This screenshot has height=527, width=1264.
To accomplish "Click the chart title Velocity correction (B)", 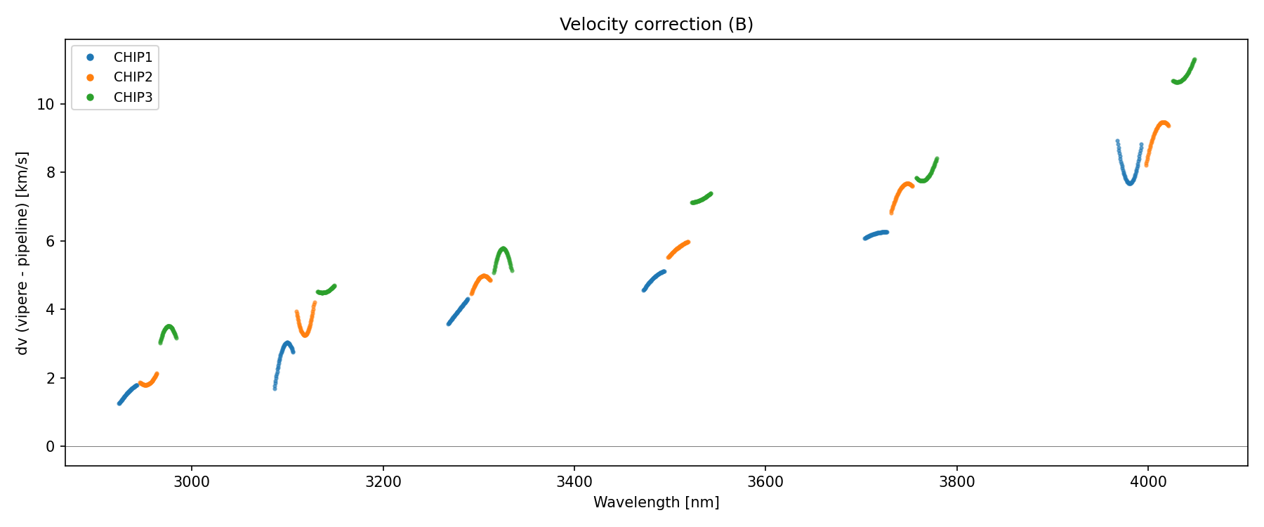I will pyautogui.click(x=656, y=25).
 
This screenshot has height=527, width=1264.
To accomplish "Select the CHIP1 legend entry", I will pyautogui.click(x=133, y=58).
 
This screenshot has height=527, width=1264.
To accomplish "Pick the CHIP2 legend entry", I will pyautogui.click(x=133, y=77).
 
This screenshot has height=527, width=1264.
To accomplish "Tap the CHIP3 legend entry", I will pyautogui.click(x=133, y=98).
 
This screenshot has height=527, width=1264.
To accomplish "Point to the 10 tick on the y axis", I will pyautogui.click(x=46, y=105).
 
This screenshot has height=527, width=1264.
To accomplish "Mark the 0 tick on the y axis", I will pyautogui.click(x=51, y=447).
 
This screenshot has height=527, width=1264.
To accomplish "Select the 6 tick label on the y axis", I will pyautogui.click(x=51, y=242).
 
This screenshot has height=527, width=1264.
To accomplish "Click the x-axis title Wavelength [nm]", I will pyautogui.click(x=656, y=502).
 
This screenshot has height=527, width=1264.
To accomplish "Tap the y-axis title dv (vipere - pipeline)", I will pyautogui.click(x=22, y=253).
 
